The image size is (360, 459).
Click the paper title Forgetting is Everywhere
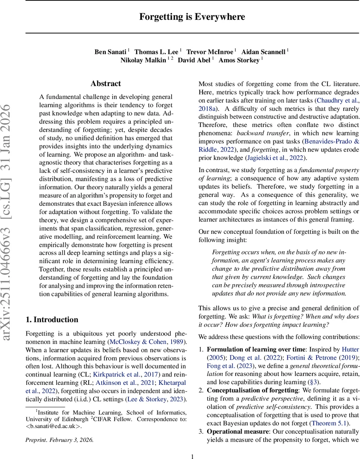(x=192, y=17)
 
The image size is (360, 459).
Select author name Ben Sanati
(x=111, y=52)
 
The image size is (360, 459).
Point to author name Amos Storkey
(x=239, y=60)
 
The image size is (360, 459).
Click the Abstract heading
(x=106, y=83)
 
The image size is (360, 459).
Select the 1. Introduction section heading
(x=52, y=319)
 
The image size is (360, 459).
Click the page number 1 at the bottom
(x=193, y=456)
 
